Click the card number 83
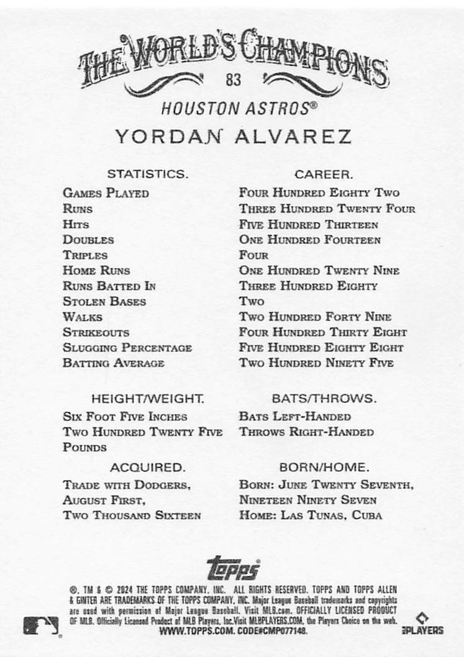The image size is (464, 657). (x=234, y=79)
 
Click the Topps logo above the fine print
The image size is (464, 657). (x=233, y=568)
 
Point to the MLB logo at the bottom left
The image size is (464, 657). (x=41, y=625)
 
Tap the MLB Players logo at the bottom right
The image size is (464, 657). (x=424, y=624)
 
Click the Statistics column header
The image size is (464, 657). (x=147, y=174)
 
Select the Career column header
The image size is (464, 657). (x=323, y=174)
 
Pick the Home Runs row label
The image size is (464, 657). (x=96, y=271)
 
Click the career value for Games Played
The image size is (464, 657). (x=319, y=193)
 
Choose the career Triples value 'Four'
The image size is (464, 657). (x=253, y=255)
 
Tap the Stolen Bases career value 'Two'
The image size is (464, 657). (x=252, y=302)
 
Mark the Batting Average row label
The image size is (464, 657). (x=114, y=363)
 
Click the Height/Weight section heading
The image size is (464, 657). (x=147, y=398)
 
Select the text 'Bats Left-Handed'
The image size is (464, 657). (x=294, y=417)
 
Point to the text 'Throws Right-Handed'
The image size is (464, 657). (x=306, y=432)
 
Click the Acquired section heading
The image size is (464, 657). (x=147, y=466)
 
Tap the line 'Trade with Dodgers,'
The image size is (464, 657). (x=126, y=484)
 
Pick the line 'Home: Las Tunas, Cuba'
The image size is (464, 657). (x=310, y=515)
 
